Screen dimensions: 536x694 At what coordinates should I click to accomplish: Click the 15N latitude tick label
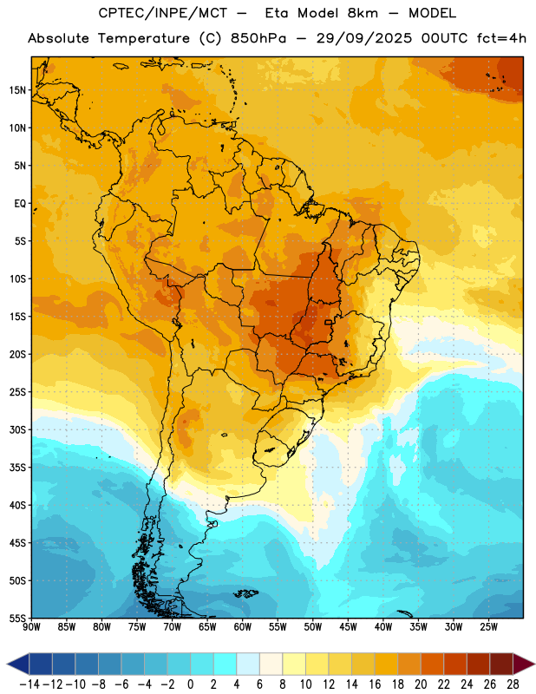(17, 90)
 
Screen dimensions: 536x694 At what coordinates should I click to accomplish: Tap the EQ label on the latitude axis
(20, 204)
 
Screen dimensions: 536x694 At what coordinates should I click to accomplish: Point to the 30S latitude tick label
(17, 429)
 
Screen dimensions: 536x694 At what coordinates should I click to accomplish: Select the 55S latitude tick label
(17, 618)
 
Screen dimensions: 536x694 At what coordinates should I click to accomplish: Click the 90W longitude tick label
(32, 627)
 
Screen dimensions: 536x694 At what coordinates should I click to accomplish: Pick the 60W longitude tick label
(243, 627)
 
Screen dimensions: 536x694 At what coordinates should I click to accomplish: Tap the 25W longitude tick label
(488, 627)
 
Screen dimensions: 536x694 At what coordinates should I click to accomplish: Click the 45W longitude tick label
(349, 627)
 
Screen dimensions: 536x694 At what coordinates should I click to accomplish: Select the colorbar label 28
(513, 684)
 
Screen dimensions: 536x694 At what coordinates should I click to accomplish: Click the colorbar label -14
(29, 684)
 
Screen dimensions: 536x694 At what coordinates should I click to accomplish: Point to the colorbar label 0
(190, 684)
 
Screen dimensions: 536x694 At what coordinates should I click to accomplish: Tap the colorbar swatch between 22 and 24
(455, 664)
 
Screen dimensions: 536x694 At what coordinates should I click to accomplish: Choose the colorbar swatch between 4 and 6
(248, 664)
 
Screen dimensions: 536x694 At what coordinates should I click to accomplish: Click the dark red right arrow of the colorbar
(523, 664)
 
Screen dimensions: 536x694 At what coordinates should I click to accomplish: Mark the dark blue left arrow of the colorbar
(18, 664)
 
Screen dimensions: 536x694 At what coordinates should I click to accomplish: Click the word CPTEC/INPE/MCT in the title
(162, 13)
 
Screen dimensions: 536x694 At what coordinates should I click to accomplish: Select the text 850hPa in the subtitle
(258, 38)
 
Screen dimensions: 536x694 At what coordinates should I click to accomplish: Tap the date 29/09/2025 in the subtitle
(363, 38)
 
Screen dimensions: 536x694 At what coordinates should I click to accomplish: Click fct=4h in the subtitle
(501, 38)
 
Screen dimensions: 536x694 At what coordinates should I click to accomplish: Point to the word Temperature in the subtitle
(144, 38)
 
